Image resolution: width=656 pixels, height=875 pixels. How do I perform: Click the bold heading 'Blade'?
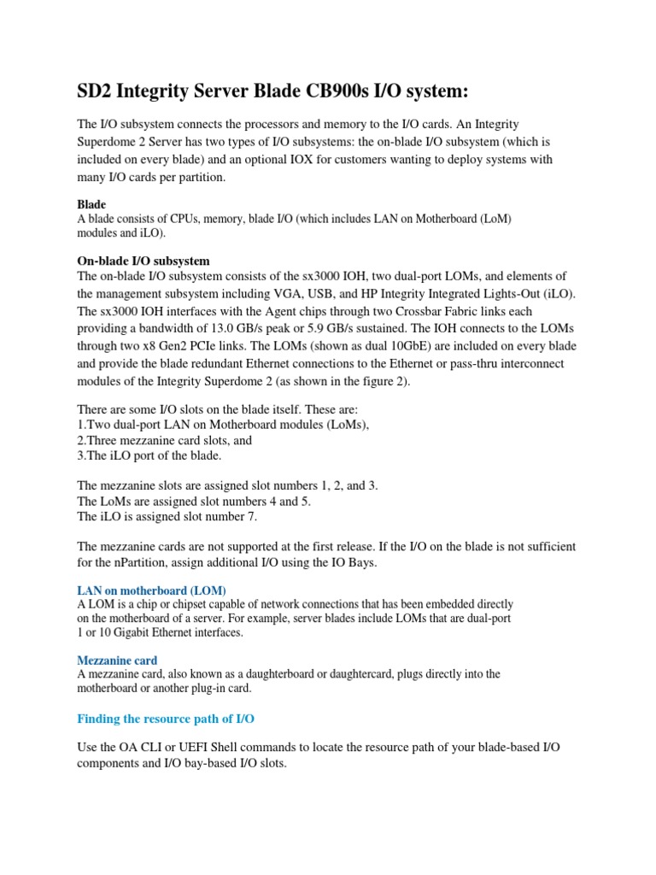coord(91,204)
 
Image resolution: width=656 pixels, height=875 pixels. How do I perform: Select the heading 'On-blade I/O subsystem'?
coord(143,261)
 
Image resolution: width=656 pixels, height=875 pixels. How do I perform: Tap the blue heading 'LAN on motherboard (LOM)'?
coord(151,590)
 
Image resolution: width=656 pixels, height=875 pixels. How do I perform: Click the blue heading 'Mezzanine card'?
coord(117,660)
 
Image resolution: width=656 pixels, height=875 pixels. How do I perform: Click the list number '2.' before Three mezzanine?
coord(83,440)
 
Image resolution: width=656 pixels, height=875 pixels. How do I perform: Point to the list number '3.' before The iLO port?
coord(83,456)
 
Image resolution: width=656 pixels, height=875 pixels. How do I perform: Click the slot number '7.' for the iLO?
coord(249,516)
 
